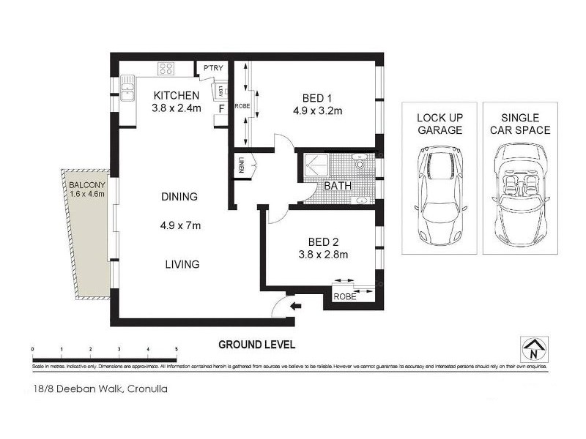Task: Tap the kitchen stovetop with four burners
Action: pos(166,70)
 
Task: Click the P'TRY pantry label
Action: pos(213,69)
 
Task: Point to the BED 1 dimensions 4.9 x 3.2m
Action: pos(317,111)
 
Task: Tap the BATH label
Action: pos(338,186)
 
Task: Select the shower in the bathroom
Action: pos(316,166)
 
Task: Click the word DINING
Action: pos(180,197)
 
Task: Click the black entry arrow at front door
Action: pos(295,306)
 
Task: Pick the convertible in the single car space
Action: pos(519,195)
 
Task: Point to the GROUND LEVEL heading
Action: pos(256,344)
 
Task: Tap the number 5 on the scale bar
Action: pos(177,348)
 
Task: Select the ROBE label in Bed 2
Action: pos(344,297)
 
